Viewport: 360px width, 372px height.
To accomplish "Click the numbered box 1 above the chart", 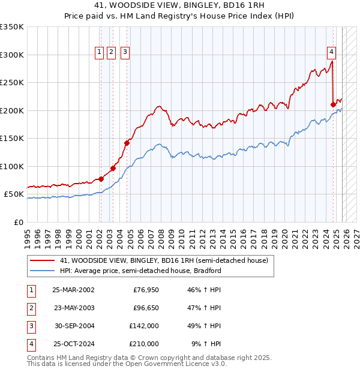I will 99,52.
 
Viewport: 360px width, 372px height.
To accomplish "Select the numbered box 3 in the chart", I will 125,52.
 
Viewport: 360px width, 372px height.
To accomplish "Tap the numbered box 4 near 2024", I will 331,52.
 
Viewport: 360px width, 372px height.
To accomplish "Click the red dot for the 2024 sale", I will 333,104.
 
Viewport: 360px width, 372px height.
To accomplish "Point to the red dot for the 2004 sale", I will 127,143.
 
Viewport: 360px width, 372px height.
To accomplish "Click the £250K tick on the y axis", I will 12,83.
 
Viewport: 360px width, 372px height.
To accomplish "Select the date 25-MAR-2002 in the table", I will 73,290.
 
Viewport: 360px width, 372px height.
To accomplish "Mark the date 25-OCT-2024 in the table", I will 73,344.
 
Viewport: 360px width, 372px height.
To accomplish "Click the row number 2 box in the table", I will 31,308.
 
